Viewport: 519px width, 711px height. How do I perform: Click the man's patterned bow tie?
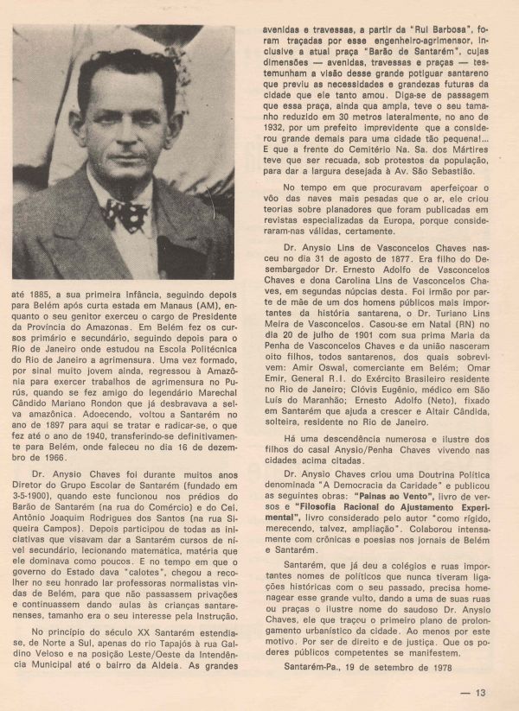click(125, 213)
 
